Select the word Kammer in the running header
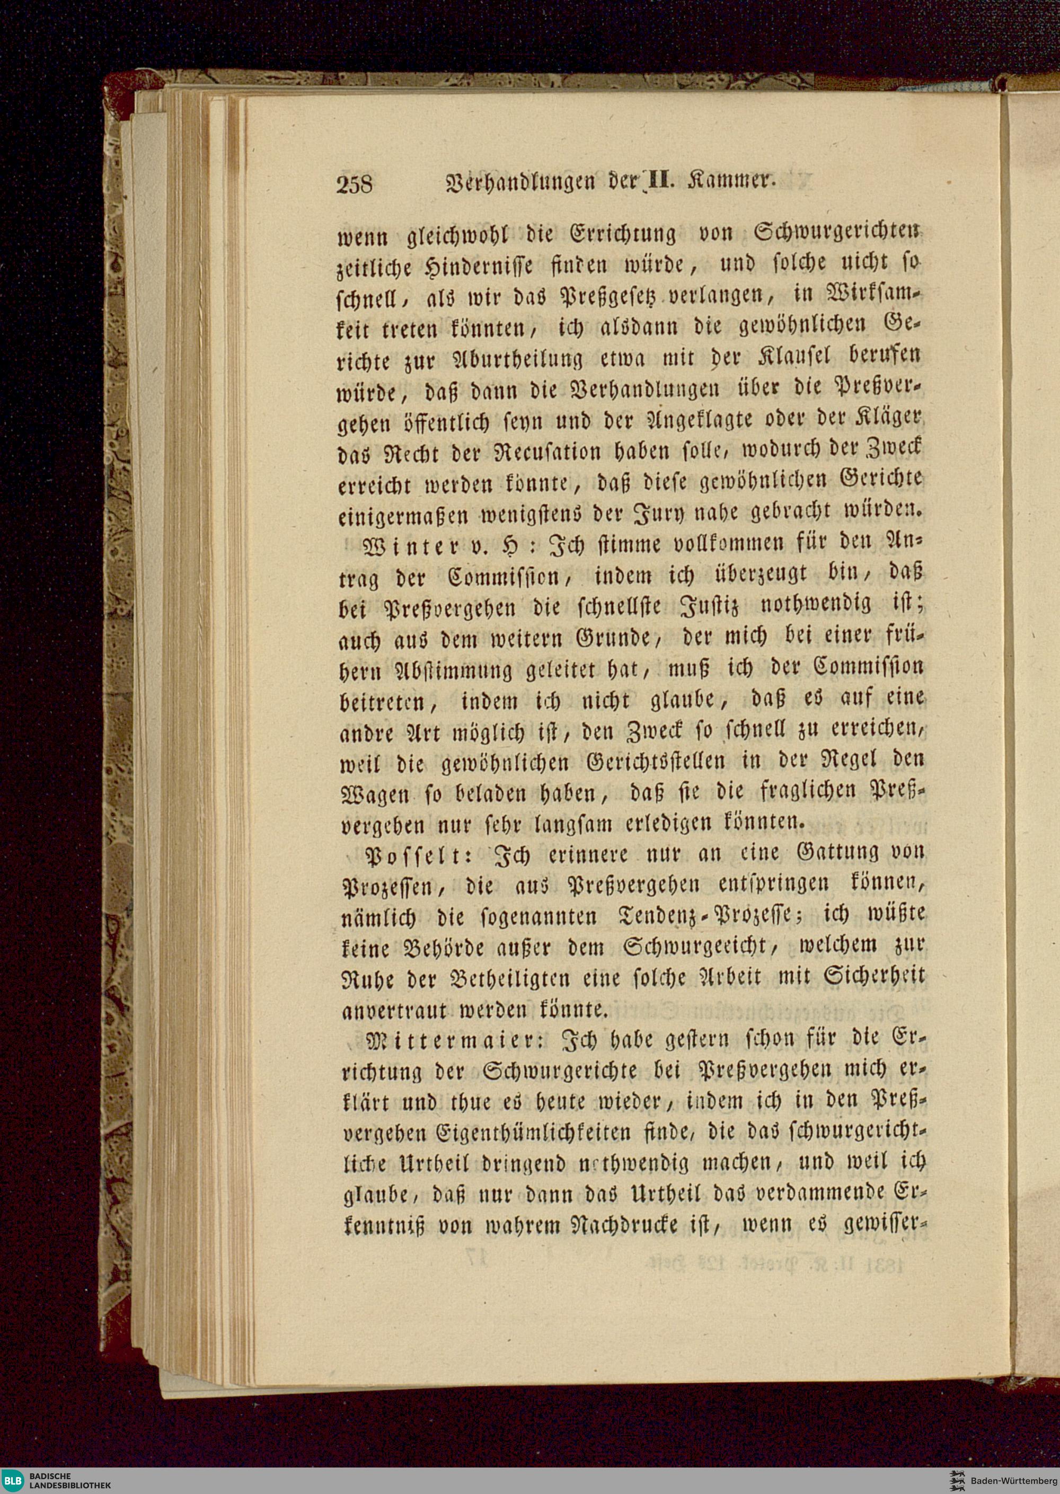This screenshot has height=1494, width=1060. pyautogui.click(x=739, y=181)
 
